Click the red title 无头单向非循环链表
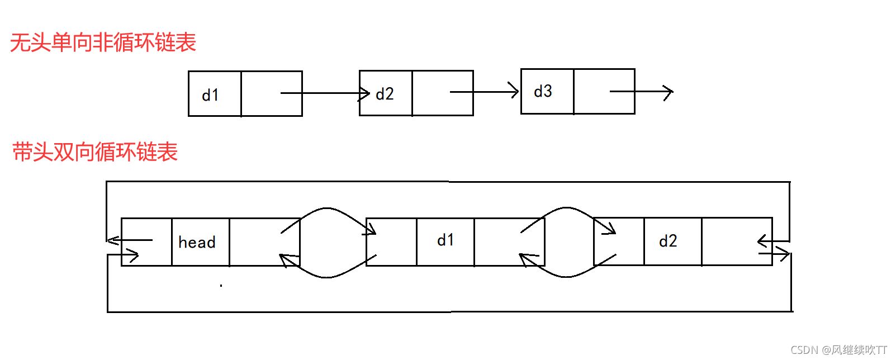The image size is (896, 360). pos(103,42)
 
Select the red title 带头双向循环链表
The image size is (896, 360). pos(95,151)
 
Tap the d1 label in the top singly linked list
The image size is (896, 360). pos(210,95)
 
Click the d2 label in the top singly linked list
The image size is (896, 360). pos(385,94)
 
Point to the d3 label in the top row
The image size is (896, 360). pos(543,91)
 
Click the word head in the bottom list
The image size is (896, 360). pos(197,242)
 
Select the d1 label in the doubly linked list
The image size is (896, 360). pos(445,240)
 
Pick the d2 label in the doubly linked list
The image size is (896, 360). pos(668,241)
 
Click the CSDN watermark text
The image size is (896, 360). pos(838,350)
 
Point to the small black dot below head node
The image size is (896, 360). pos(221,286)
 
